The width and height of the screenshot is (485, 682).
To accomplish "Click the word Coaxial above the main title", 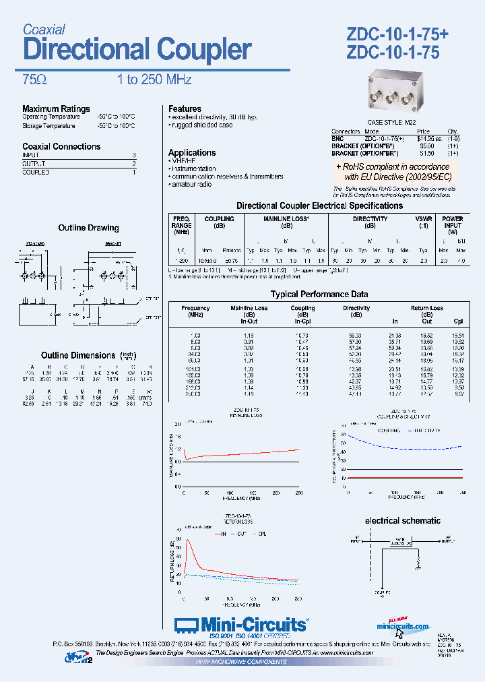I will [x=44, y=29].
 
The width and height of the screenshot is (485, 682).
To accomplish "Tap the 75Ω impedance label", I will [x=34, y=80].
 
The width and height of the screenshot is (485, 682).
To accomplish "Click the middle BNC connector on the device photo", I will [x=393, y=97].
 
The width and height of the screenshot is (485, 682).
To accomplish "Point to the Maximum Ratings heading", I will [x=56, y=108].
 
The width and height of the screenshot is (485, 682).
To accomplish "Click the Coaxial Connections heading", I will [x=61, y=146].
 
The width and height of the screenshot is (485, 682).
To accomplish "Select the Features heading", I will [x=185, y=108].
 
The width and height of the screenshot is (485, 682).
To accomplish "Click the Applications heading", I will [x=192, y=152].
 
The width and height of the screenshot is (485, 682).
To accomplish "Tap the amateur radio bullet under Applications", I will [x=193, y=184].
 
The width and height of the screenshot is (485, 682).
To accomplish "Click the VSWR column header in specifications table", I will [x=424, y=219].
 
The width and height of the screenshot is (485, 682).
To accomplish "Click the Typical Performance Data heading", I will [x=319, y=294].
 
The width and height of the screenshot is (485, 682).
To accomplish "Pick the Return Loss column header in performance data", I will [x=426, y=309].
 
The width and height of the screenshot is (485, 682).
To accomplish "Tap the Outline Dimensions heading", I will [x=78, y=355].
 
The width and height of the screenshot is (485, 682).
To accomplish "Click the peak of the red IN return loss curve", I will [x=187, y=540].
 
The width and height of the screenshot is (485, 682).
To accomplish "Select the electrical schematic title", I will [x=402, y=520].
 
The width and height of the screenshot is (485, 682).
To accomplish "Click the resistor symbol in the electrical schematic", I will [x=418, y=561].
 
